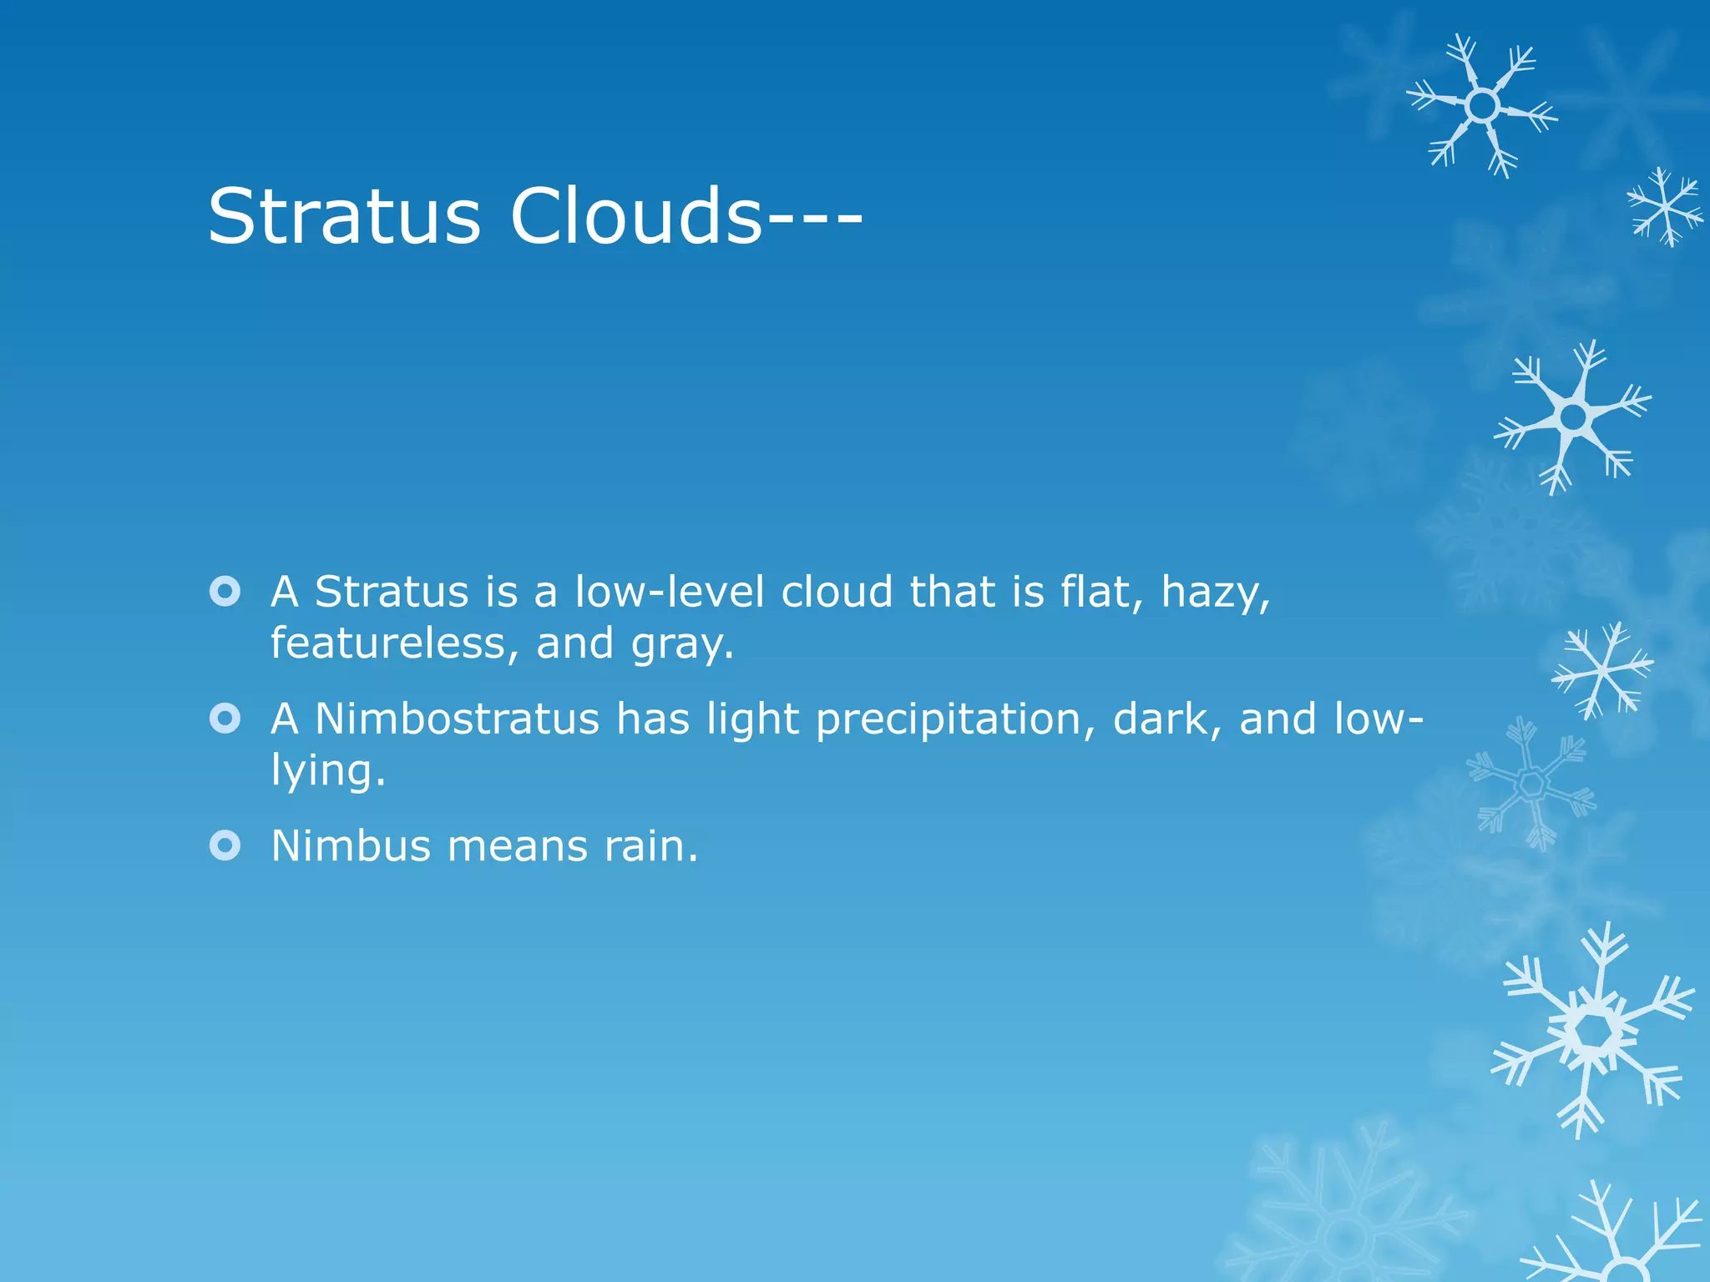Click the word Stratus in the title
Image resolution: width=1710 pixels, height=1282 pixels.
[x=344, y=216]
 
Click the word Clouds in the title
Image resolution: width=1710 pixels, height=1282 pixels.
[x=635, y=216]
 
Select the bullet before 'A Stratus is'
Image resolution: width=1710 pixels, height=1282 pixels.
[x=225, y=592]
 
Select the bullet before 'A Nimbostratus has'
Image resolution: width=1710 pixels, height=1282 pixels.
[x=225, y=719]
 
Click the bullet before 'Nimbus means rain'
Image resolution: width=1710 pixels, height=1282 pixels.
[x=225, y=845]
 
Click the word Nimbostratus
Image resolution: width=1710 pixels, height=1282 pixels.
[x=457, y=719]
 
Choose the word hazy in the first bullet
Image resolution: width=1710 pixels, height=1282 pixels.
[x=1215, y=593]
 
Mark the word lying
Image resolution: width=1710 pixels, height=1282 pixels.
[x=327, y=772]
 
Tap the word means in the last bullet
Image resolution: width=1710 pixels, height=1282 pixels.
[x=518, y=847]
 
